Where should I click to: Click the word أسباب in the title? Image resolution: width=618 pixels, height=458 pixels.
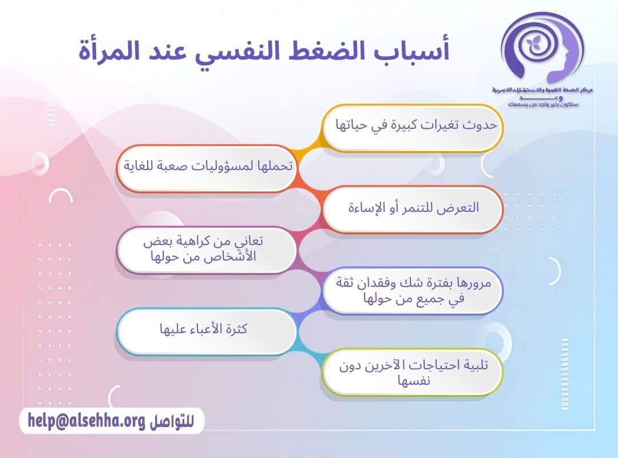coord(418,50)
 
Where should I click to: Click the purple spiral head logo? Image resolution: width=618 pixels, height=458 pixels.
coord(541,49)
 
